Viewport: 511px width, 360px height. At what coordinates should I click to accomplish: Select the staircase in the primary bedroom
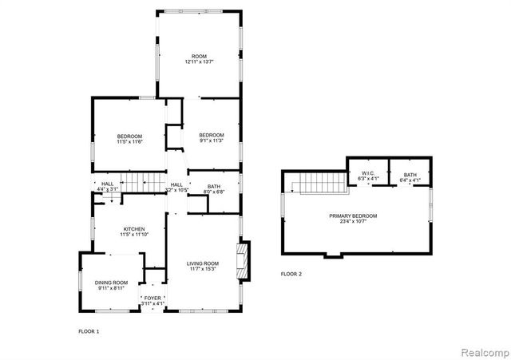319,184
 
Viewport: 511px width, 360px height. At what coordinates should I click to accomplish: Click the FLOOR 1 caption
89,330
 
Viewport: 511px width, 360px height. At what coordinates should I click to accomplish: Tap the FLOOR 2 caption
291,274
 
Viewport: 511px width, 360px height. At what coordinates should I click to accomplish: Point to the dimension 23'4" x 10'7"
353,222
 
